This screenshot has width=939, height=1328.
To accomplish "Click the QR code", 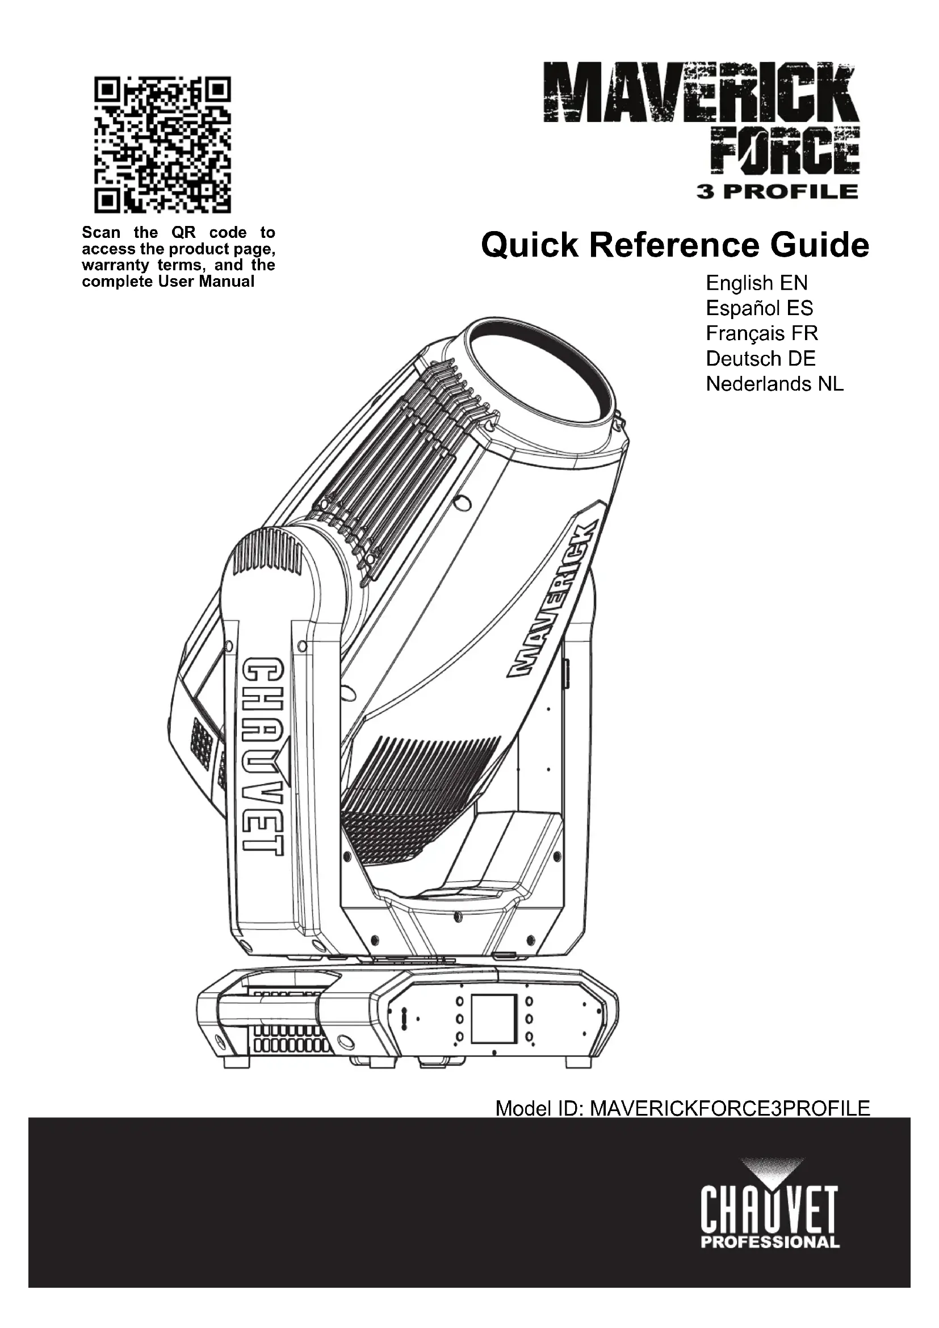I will (162, 145).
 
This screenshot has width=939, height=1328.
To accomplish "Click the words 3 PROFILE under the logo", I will (778, 191).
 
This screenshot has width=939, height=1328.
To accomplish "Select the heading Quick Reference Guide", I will (675, 245).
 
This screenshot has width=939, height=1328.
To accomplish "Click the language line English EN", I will (756, 283).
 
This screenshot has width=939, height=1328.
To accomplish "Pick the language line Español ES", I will (759, 308).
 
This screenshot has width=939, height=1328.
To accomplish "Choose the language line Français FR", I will (761, 334).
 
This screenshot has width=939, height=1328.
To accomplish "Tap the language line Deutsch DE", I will (760, 359).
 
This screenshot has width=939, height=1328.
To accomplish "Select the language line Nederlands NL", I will (774, 384).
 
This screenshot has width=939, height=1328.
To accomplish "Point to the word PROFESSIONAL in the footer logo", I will (770, 1242).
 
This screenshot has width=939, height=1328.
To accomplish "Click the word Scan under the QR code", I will (101, 233).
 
